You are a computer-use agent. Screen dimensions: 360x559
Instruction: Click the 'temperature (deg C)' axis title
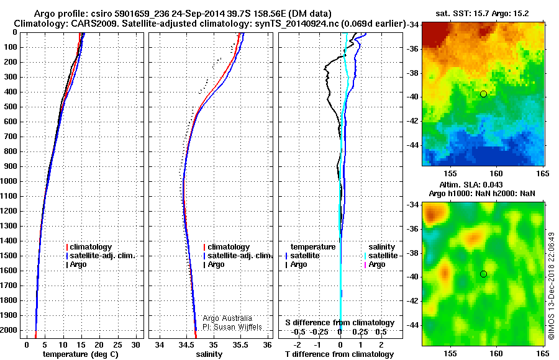(x=80, y=354)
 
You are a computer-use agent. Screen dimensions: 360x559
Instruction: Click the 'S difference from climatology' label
(x=340, y=323)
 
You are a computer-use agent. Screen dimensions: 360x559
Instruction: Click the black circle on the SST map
(x=483, y=94)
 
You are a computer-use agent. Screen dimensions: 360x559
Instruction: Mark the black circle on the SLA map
(x=483, y=274)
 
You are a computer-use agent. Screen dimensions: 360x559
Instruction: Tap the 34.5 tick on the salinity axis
(x=186, y=344)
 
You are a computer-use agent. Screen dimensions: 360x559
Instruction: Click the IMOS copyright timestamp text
(x=551, y=286)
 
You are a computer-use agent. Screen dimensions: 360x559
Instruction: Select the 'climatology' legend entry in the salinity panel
(x=229, y=247)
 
